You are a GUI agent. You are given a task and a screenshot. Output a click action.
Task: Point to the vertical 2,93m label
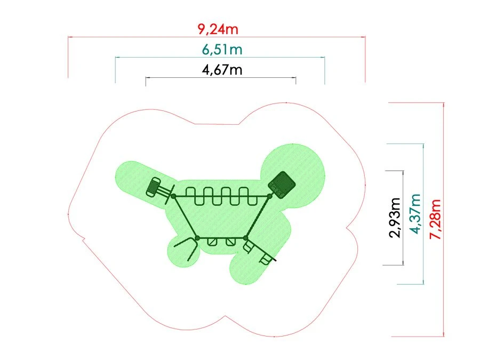pyautogui.click(x=395, y=218)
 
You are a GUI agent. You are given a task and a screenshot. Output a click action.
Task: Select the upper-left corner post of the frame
pyautogui.click(x=173, y=196)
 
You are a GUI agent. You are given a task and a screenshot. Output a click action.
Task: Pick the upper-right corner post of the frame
pyautogui.click(x=270, y=196)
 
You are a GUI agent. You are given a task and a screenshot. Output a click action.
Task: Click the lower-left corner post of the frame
pyautogui.click(x=197, y=237)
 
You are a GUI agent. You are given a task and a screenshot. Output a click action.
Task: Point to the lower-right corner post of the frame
pyautogui.click(x=246, y=237)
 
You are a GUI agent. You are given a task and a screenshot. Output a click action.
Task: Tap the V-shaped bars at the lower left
pyautogui.click(x=184, y=249)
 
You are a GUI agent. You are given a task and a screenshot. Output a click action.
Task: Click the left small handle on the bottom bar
pyautogui.click(x=212, y=242)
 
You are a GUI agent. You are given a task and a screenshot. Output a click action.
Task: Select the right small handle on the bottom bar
pyautogui.click(x=230, y=242)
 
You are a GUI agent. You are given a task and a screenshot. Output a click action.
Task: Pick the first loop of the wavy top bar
pyautogui.click(x=191, y=196)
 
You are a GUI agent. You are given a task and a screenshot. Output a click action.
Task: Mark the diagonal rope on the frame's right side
pyautogui.click(x=258, y=217)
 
